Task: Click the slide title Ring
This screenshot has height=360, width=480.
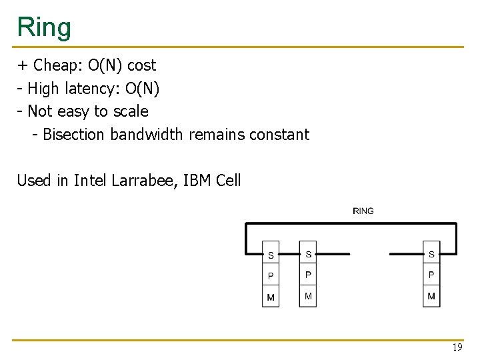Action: pos(44,27)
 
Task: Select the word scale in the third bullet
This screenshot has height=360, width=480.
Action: pos(131,111)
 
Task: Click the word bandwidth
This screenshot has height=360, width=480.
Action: pos(146,135)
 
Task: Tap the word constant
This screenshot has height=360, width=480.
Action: pos(279,135)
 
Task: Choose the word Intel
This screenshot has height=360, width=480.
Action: pos(91,180)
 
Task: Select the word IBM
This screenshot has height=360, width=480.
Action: pos(196,180)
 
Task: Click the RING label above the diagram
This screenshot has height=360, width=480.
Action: pos(363,211)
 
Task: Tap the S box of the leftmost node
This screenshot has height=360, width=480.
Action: pos(271,255)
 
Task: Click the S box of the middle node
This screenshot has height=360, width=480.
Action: pos(308,254)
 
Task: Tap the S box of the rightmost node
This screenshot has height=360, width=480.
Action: pos(431,254)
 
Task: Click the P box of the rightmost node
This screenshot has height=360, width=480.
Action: pos(431,275)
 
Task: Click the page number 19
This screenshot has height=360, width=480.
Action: pos(457,347)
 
